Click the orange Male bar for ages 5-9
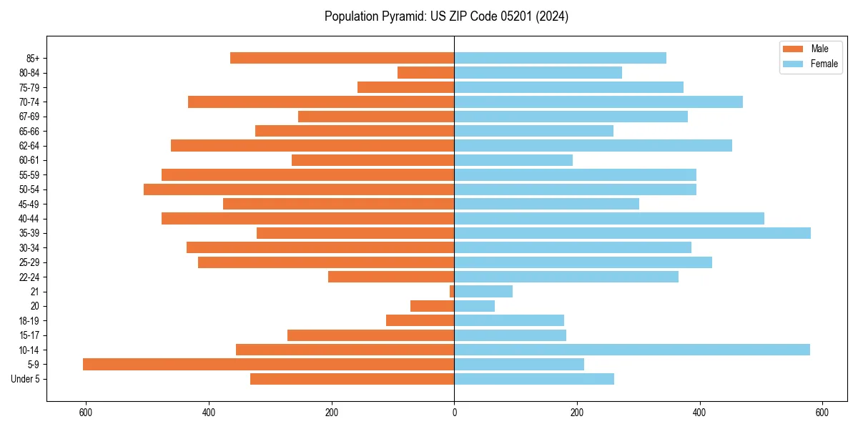click(268, 365)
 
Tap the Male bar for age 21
click(452, 292)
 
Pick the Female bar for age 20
click(474, 306)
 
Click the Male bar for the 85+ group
click(342, 58)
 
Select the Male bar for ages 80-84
click(425, 73)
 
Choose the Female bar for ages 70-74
click(598, 102)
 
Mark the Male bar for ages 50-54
click(299, 189)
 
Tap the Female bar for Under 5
click(534, 379)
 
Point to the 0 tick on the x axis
click(454, 413)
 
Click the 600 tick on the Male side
click(86, 413)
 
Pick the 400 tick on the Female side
click(699, 413)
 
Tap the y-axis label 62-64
click(29, 146)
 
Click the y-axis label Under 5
click(26, 379)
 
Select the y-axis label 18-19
click(29, 321)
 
